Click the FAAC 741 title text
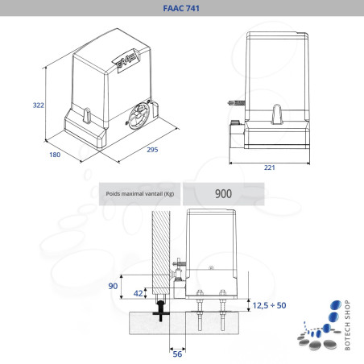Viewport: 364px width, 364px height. [181, 8]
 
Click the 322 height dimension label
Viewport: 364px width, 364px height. [38, 105]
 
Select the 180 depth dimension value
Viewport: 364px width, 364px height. [55, 155]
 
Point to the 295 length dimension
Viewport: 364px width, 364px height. [152, 150]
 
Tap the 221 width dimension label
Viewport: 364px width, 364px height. [270, 168]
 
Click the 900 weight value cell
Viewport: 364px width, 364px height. [223, 194]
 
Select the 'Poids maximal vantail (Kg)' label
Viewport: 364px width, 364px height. [140, 193]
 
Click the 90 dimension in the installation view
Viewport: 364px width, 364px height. [113, 286]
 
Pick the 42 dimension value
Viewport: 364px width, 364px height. [138, 293]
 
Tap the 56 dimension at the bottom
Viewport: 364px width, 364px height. [177, 354]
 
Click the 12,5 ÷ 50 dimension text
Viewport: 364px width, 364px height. [269, 305]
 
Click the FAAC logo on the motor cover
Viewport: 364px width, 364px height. [126, 60]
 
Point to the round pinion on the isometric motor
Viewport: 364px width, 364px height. [139, 116]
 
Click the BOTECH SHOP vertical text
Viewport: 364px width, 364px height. [347, 325]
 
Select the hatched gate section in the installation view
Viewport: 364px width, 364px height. [161, 252]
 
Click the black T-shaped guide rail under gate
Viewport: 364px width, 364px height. [161, 311]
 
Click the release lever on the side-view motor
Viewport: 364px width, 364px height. [277, 114]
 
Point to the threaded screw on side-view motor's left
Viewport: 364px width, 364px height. [236, 103]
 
